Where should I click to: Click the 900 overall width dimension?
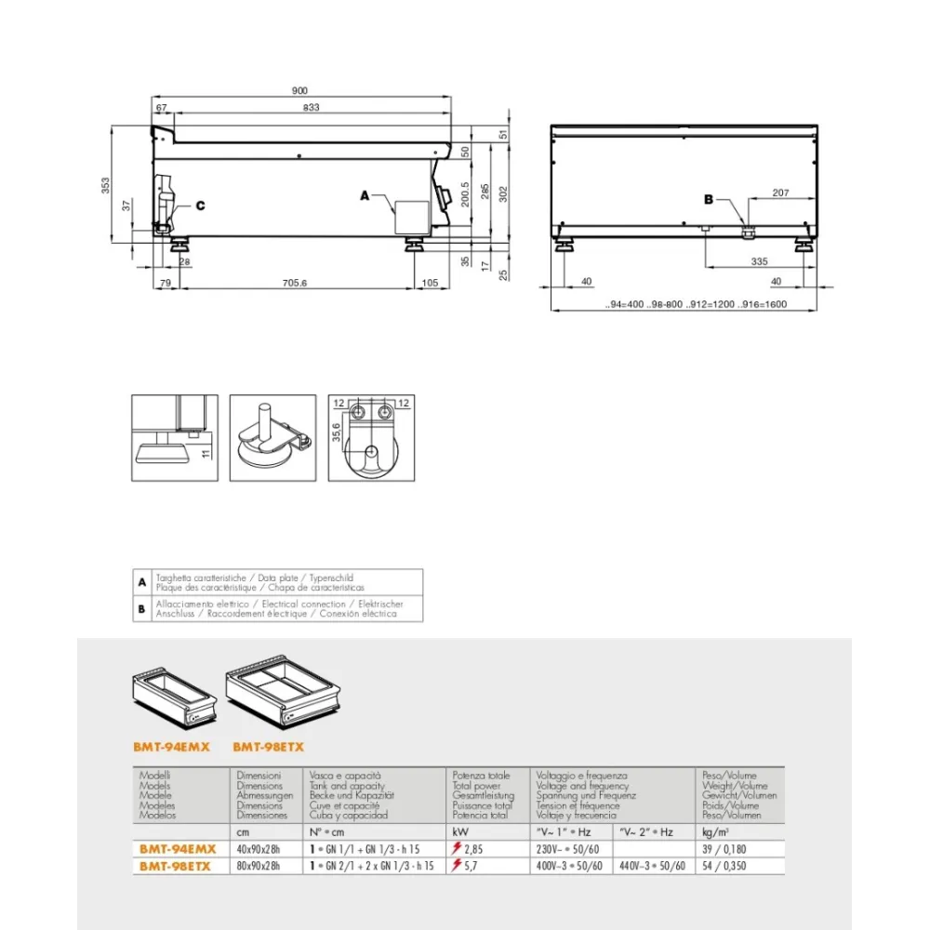299,91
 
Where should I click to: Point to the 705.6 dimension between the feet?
293,282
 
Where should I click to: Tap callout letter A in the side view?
365,196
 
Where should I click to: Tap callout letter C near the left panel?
199,205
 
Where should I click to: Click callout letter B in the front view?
708,198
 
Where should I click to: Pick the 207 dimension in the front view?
779,193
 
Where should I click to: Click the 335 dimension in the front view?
760,263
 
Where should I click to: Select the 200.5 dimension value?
466,195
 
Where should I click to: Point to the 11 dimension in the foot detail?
206,452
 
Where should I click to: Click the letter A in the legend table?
142,582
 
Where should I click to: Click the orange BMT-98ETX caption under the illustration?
268,746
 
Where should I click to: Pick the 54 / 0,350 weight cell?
725,865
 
